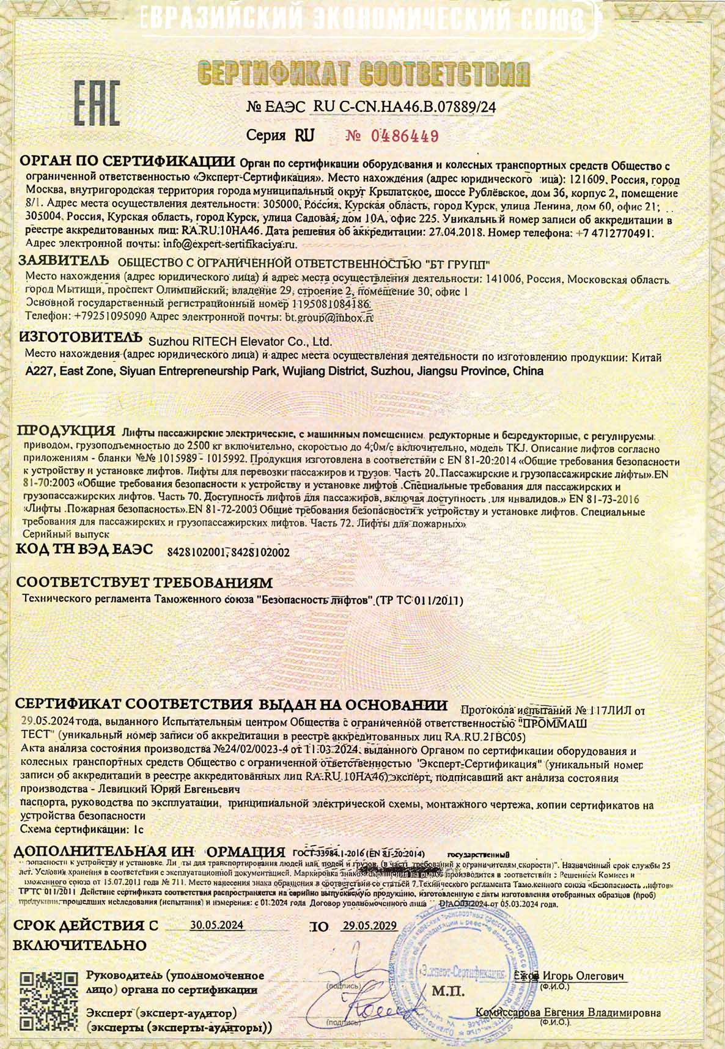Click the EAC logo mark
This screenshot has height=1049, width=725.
(97, 102)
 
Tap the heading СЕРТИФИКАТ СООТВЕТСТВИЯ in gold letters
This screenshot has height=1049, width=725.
(364, 74)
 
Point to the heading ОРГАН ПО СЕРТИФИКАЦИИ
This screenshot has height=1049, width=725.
(128, 162)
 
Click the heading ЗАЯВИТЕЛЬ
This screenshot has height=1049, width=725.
(64, 261)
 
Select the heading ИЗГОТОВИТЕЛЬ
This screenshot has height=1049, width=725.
(76, 338)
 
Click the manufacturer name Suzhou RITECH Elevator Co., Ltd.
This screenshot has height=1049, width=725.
(240, 341)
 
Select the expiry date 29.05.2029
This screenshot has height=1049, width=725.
(369, 926)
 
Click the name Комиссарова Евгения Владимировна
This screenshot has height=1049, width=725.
(568, 1012)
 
